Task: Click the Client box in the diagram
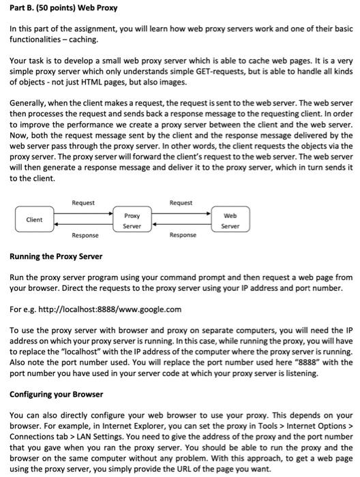coord(34,219)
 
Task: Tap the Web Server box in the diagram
coord(230,219)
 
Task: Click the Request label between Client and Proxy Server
coord(82,203)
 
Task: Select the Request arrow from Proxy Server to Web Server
coord(181,213)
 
